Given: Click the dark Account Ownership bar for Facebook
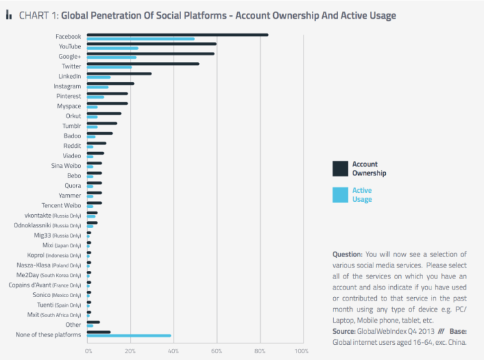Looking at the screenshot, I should pyautogui.click(x=177, y=35).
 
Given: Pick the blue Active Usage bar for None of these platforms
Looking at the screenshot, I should pyautogui.click(x=129, y=336).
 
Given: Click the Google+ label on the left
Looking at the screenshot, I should pyautogui.click(x=69, y=56).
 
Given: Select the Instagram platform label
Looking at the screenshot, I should pyautogui.click(x=67, y=86).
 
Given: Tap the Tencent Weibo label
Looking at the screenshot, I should pyautogui.click(x=62, y=206).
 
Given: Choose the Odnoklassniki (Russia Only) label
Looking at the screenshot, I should pyautogui.click(x=48, y=225).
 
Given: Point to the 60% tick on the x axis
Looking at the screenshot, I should pyautogui.click(x=216, y=351).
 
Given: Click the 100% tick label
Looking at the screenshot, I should pyautogui.click(x=301, y=351).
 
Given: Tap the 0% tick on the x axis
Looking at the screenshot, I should pyautogui.click(x=89, y=351).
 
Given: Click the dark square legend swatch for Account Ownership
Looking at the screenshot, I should pyautogui.click(x=339, y=169).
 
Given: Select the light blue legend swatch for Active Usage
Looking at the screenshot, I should pyautogui.click(x=339, y=195).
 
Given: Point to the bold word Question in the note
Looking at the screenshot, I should pyautogui.click(x=347, y=254).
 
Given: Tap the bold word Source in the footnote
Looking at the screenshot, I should pyautogui.click(x=345, y=332).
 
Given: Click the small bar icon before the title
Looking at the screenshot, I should pyautogui.click(x=9, y=15).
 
